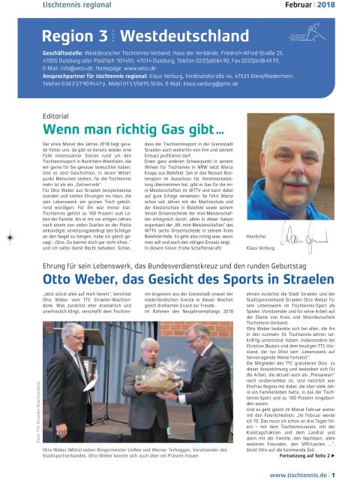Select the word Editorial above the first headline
[x=58, y=118]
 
